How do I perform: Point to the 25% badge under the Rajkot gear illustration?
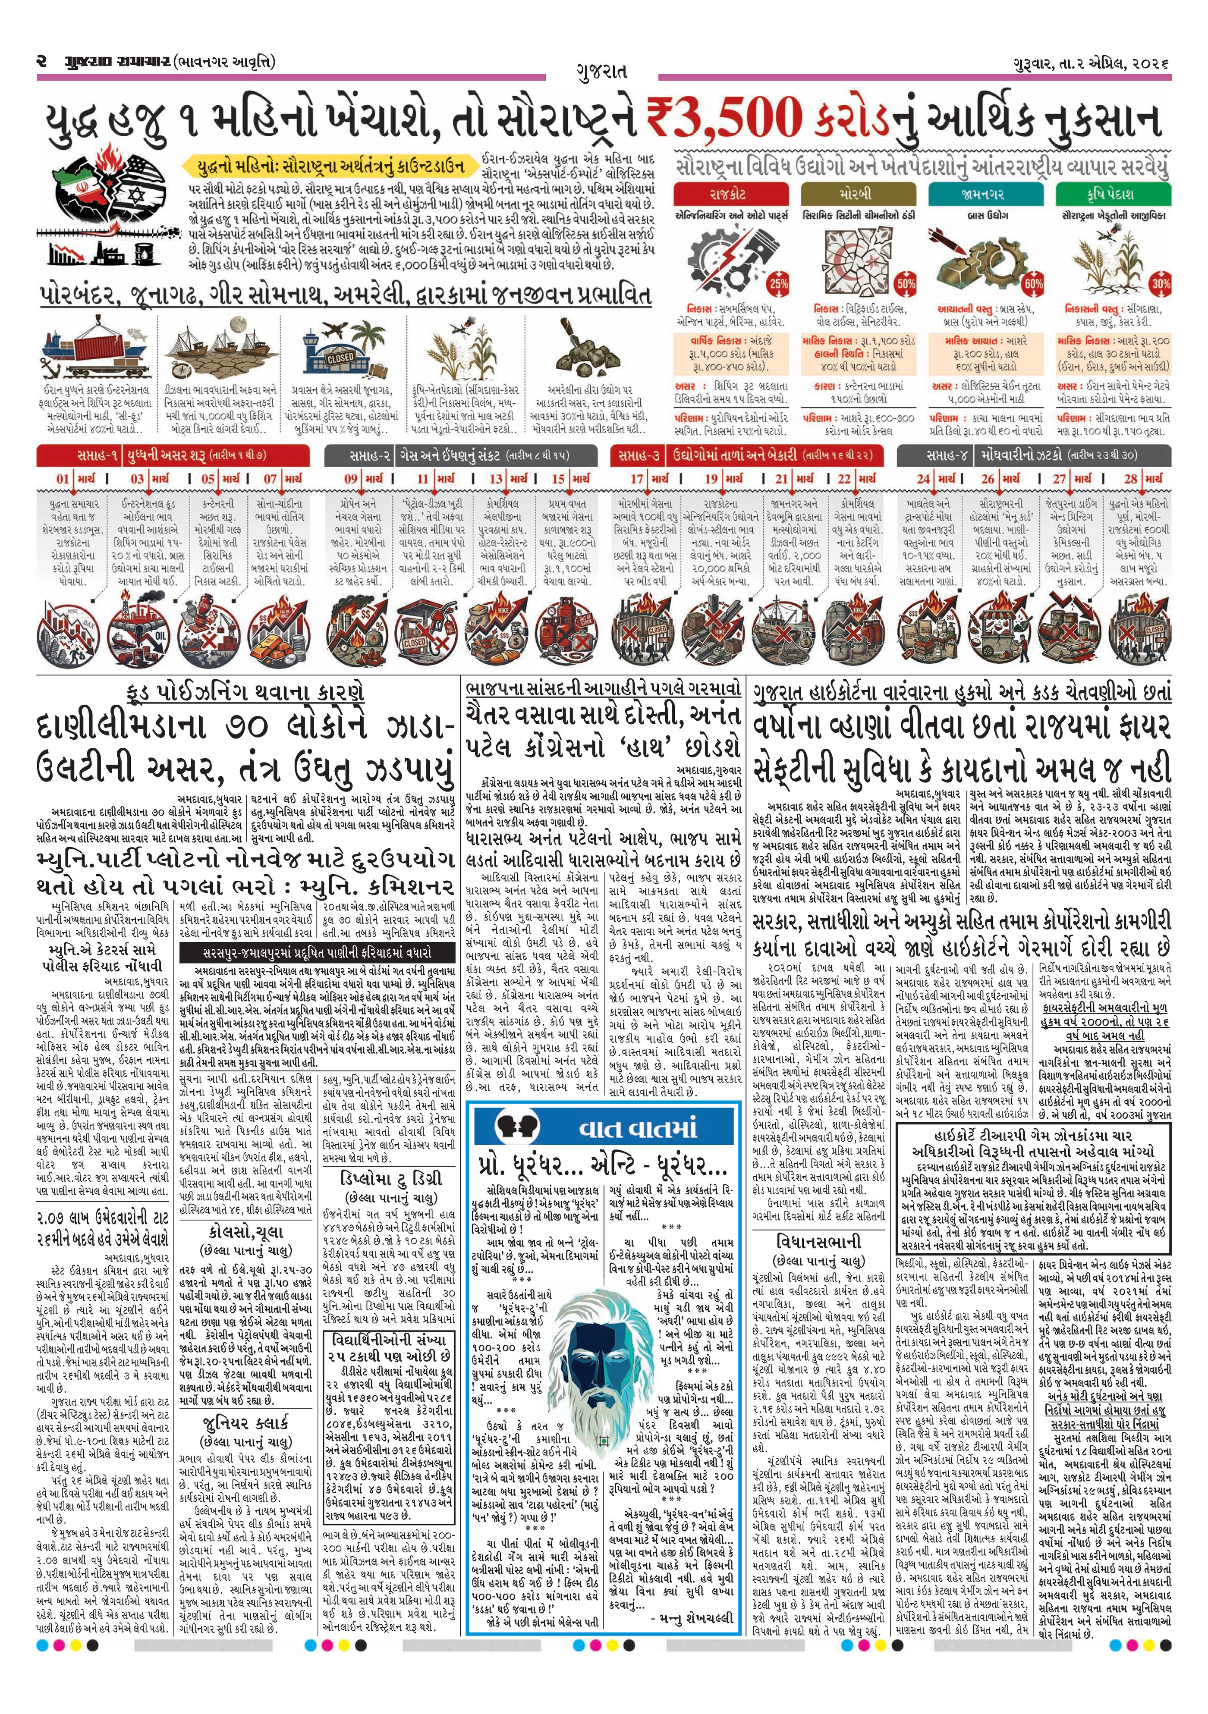[779, 284]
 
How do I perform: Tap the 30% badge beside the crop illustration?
[1160, 284]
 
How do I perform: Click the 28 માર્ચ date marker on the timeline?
[1142, 478]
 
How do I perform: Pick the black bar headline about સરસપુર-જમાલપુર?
[317, 953]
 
